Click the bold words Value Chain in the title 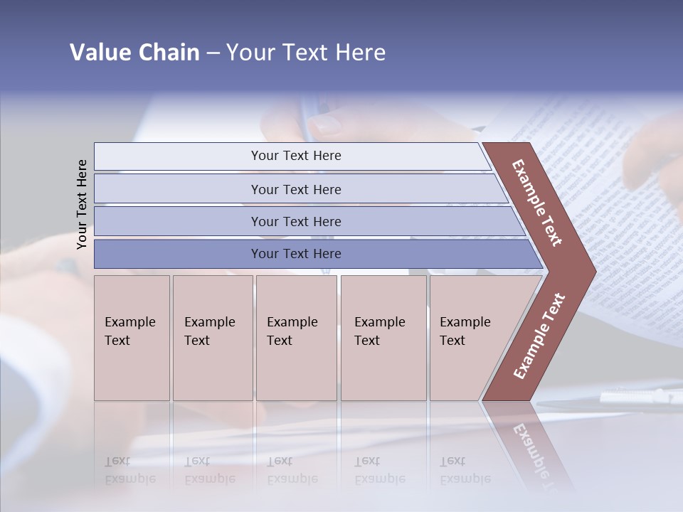click(x=134, y=53)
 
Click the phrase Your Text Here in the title click(x=306, y=53)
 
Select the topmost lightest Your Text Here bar click(x=295, y=156)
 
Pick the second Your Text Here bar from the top click(x=295, y=189)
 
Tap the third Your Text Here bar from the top click(x=295, y=221)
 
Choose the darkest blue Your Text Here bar click(x=295, y=254)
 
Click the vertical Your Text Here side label click(x=82, y=204)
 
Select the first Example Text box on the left click(x=132, y=337)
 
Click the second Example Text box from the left click(x=212, y=337)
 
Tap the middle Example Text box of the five click(x=296, y=337)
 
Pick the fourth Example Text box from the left click(x=383, y=337)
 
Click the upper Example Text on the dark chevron click(x=537, y=203)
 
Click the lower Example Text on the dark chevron click(x=539, y=336)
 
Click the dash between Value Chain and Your click(x=213, y=53)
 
